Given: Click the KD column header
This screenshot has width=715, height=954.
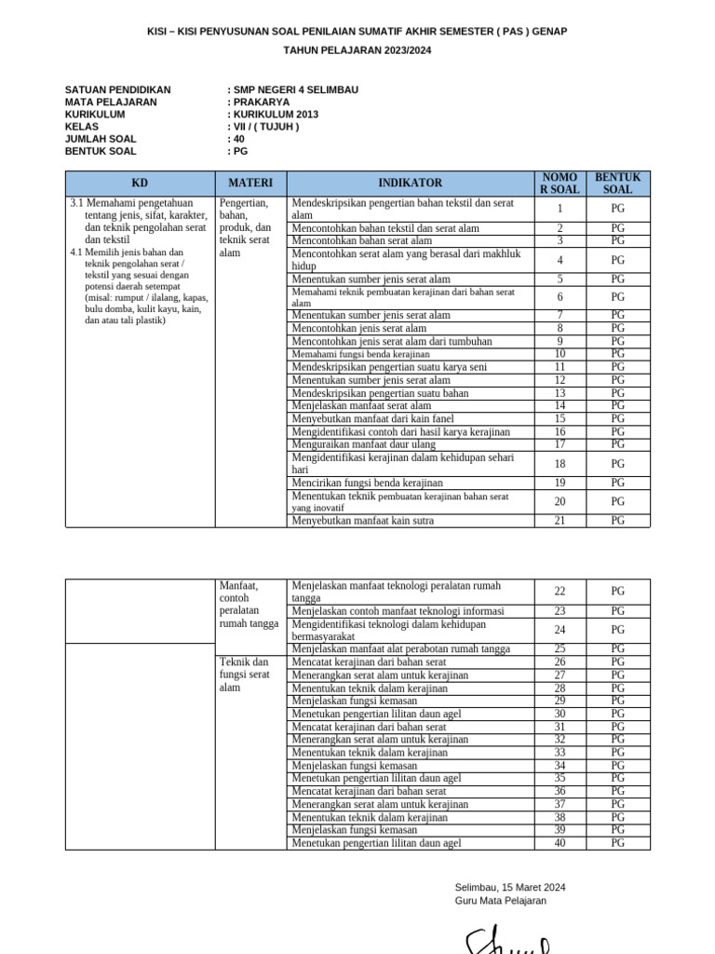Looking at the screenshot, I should (x=140, y=183).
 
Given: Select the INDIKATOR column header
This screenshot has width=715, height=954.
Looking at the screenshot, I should (x=410, y=183).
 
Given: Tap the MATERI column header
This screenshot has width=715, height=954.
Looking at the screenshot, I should (x=250, y=183).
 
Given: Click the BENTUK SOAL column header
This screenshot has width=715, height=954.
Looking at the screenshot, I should (x=618, y=183).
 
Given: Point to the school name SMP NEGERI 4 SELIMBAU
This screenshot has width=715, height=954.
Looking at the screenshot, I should (x=295, y=90).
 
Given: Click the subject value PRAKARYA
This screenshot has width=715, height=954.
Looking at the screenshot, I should (x=262, y=102).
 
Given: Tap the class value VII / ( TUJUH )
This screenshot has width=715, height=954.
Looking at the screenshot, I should (x=265, y=127).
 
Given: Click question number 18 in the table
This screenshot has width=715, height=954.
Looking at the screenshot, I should (x=560, y=463).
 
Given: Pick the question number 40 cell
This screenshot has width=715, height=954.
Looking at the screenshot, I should (x=560, y=843).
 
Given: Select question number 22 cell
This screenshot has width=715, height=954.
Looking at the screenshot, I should (x=560, y=592).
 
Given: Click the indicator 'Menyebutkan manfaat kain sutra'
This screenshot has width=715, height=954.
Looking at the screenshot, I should (x=362, y=521).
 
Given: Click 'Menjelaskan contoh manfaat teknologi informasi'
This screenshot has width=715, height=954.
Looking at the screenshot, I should (x=398, y=611).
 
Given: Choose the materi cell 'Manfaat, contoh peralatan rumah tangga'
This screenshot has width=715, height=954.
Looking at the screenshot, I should (x=249, y=605).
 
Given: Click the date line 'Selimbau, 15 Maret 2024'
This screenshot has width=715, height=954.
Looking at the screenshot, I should (x=510, y=887).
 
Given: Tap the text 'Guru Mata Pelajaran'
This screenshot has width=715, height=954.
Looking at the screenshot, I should (x=501, y=901).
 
